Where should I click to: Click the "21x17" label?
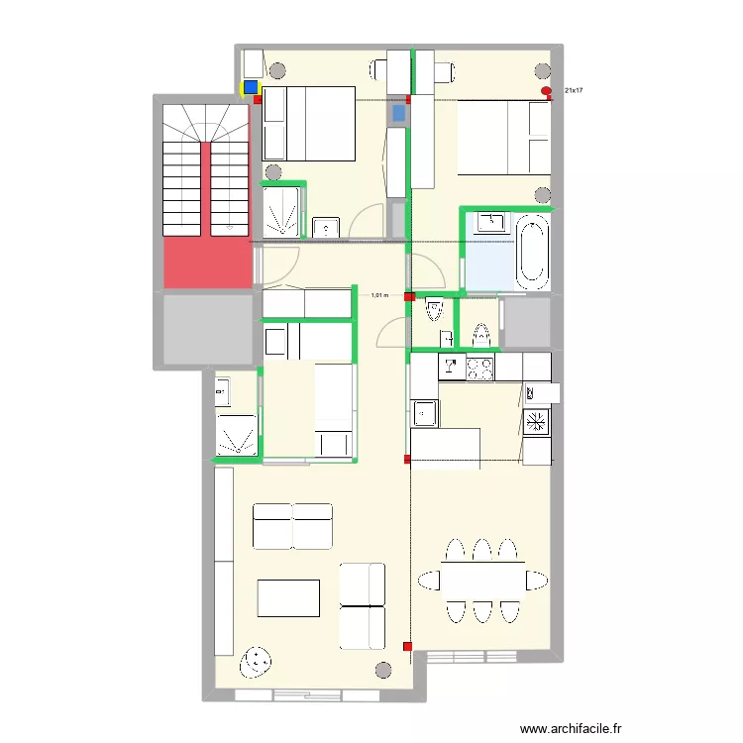(x=574, y=91)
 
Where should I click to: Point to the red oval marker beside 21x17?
(x=547, y=92)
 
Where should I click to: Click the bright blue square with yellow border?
(x=251, y=87)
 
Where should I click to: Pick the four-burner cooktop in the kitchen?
(x=480, y=369)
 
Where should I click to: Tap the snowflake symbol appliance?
(x=536, y=422)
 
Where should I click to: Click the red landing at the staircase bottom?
(x=207, y=264)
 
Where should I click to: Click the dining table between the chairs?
(x=471, y=580)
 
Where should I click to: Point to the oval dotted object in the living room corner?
(x=257, y=662)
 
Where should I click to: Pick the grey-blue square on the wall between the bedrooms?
(x=398, y=114)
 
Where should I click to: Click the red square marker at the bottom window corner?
(x=407, y=647)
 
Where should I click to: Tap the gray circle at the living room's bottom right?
(x=383, y=669)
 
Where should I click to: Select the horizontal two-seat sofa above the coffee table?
(x=292, y=526)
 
